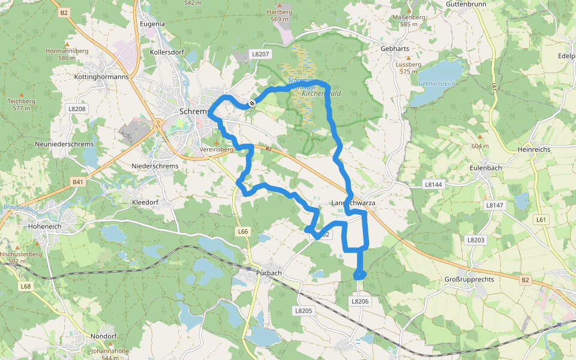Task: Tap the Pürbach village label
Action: pos(268,273)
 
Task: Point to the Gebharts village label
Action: pos(395,49)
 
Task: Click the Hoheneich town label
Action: pos(45,227)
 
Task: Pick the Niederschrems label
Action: pos(155,166)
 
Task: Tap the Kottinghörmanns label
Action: pos(102,77)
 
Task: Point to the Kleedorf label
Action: pos(145,203)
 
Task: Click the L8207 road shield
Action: pos(262,54)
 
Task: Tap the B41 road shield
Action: pos(78,181)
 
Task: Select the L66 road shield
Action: pos(242,231)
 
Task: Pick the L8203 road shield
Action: pos(475,239)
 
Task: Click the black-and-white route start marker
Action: pos(253,103)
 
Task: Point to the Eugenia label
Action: pos(152,24)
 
